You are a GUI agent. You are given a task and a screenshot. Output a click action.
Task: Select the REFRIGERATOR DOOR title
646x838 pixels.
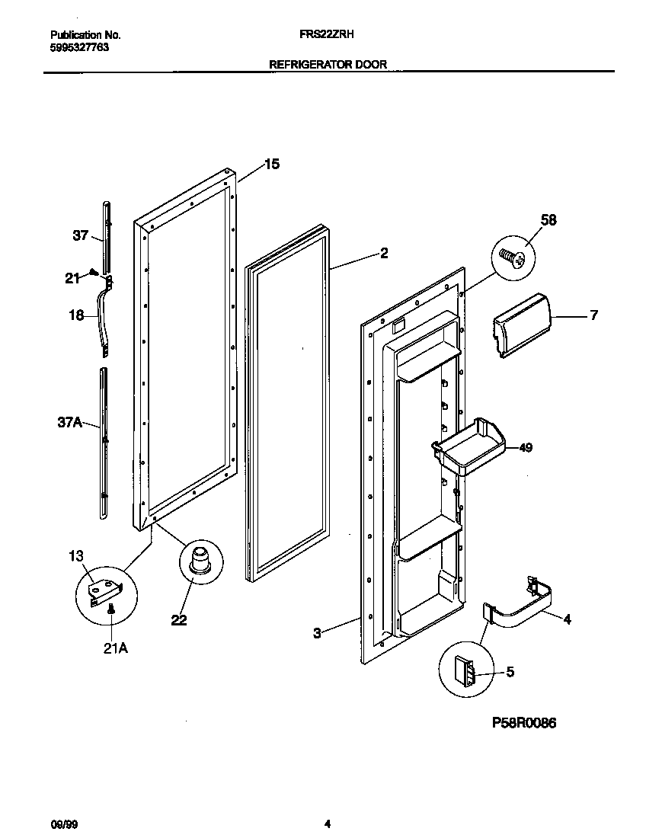[328, 65]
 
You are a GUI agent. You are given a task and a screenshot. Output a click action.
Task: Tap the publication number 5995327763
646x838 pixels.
[79, 46]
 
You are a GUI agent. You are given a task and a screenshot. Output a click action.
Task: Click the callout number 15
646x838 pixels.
[272, 164]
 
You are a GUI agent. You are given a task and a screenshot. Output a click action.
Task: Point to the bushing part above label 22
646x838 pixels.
[200, 559]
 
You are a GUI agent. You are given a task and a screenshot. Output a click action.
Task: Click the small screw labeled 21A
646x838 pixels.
[112, 607]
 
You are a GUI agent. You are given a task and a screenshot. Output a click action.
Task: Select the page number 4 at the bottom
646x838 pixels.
[327, 824]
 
